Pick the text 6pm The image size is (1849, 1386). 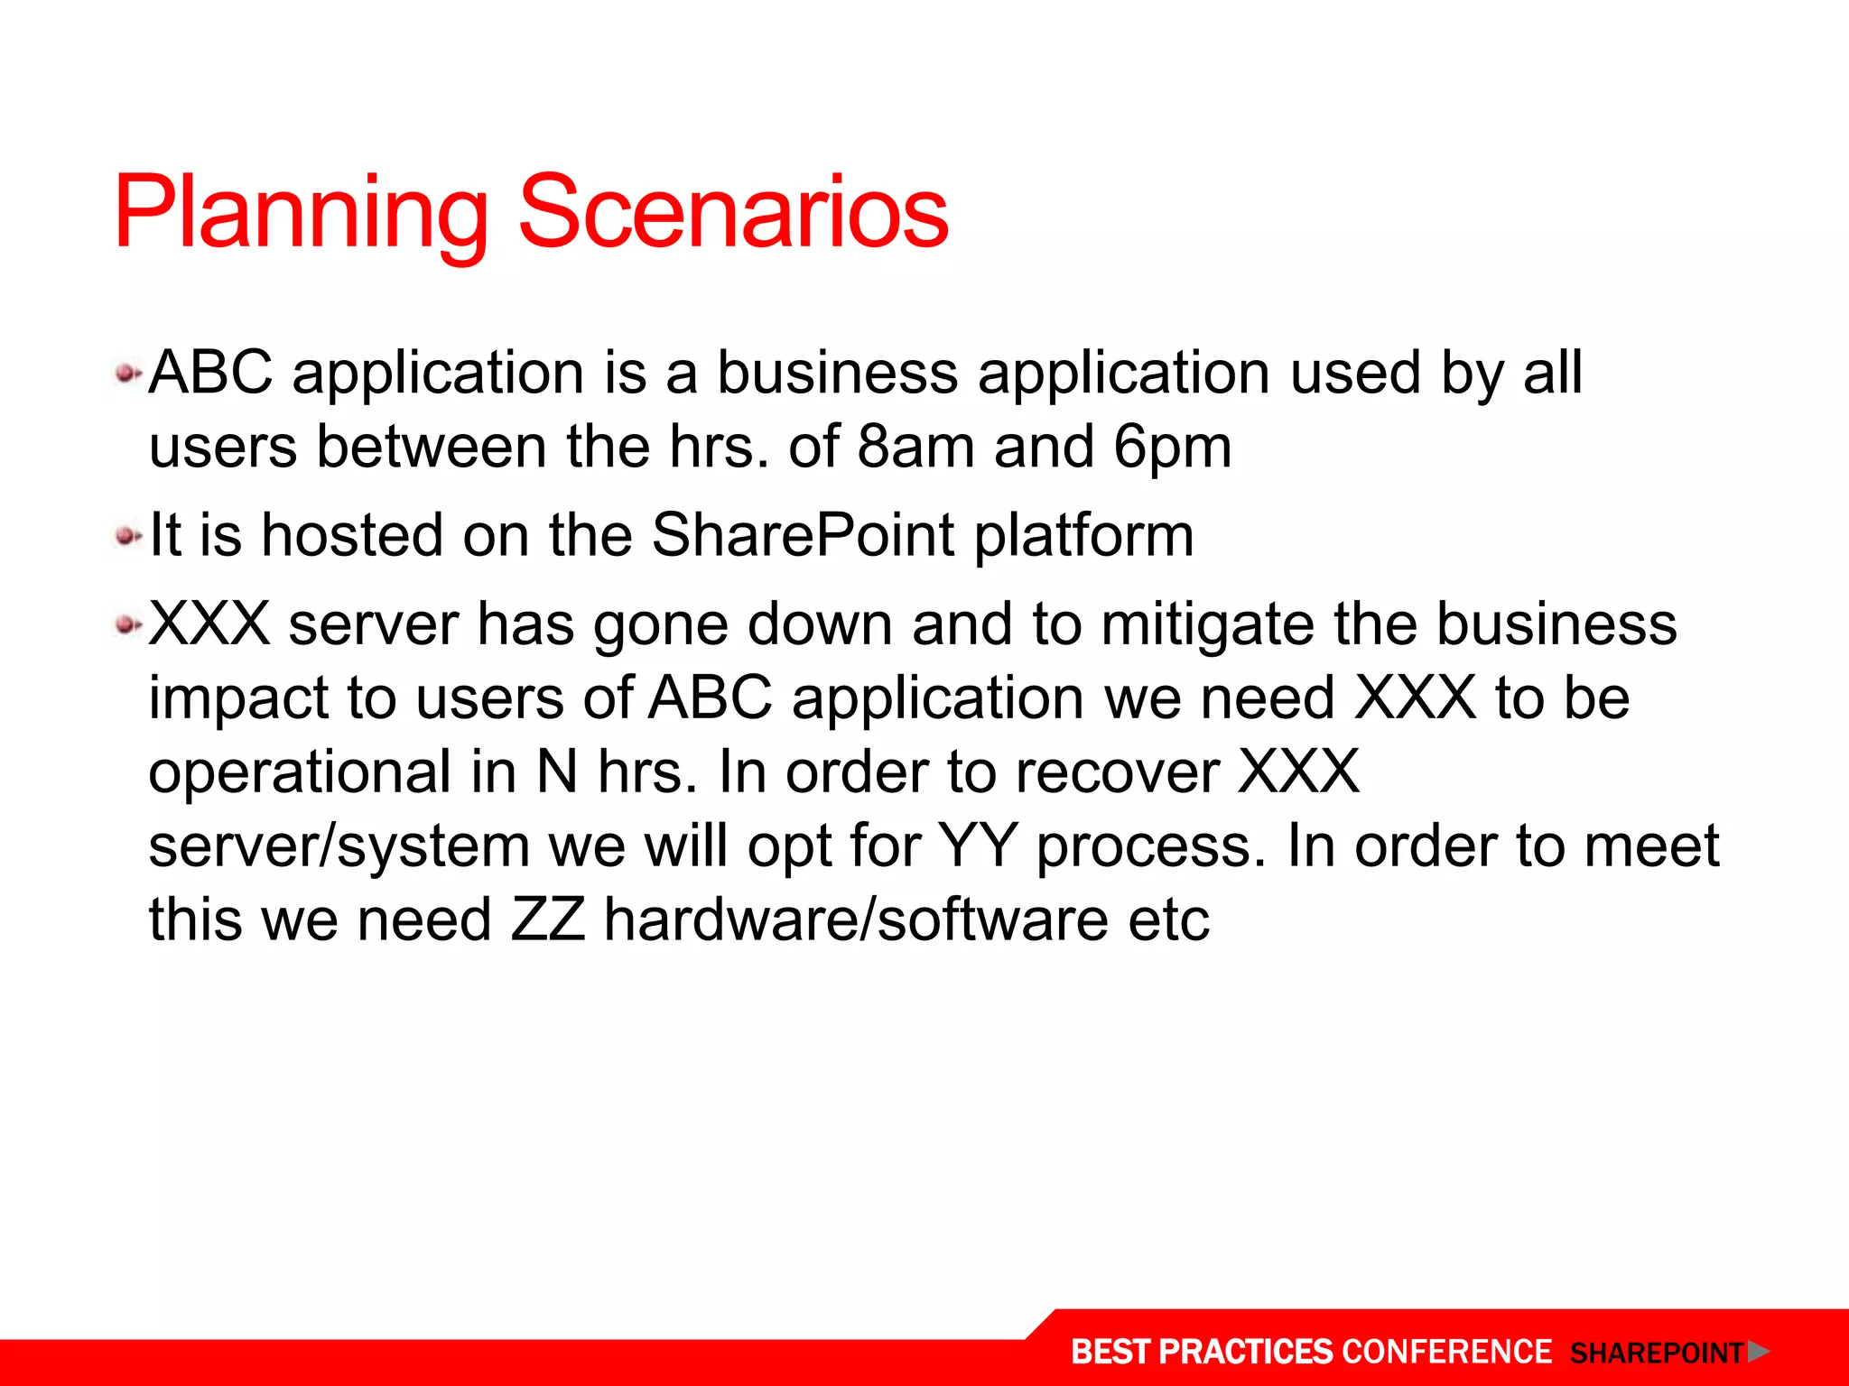pos(1172,448)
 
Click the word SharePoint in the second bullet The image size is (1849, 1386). pos(803,537)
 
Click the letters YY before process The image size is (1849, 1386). pos(977,846)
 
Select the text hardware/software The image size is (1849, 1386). pos(855,920)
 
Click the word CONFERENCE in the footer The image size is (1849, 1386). pos(1446,1352)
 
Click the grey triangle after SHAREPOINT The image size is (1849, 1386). pos(1757,1352)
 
